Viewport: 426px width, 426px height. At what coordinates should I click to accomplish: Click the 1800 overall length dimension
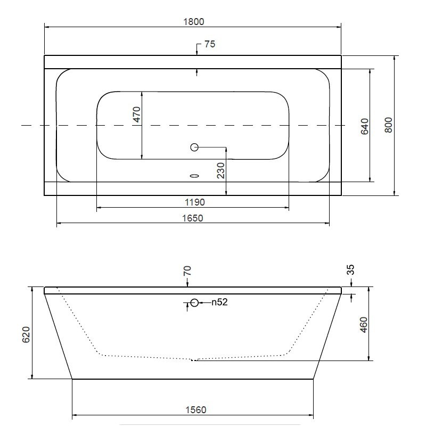[193, 22]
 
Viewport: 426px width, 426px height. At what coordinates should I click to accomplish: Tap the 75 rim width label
[210, 44]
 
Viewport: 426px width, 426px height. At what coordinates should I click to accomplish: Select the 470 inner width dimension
[137, 114]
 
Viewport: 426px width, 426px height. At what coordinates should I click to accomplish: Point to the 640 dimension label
[365, 126]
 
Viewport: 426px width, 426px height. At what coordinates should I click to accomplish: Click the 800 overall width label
[389, 125]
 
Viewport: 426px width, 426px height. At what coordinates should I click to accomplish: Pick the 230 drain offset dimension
[221, 170]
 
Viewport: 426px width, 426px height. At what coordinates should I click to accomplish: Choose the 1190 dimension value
[194, 202]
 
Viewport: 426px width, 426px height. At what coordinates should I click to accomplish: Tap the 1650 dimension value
[193, 218]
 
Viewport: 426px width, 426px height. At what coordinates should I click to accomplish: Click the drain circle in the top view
[194, 148]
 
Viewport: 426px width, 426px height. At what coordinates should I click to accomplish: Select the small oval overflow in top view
[194, 176]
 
